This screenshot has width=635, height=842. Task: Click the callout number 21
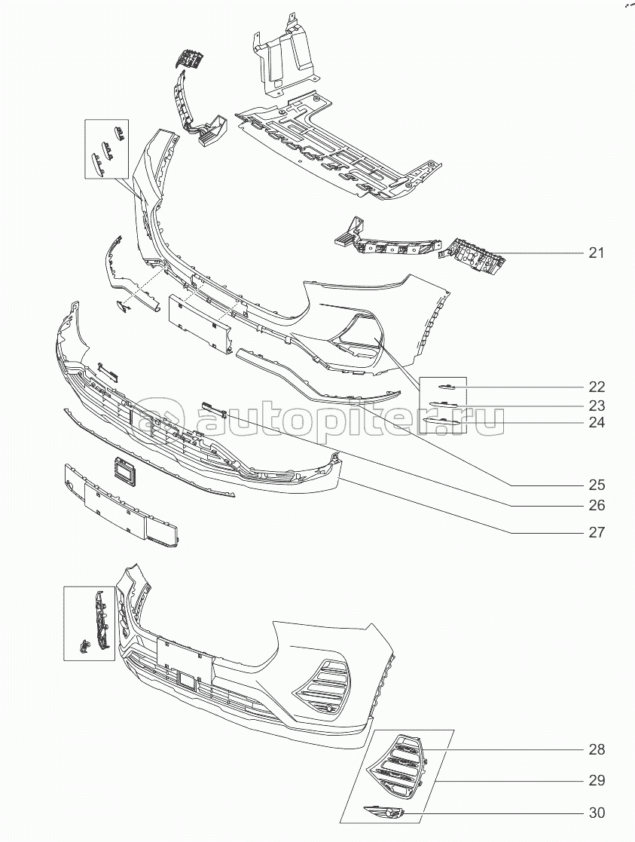point(597,253)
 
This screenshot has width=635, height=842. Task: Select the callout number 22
point(597,387)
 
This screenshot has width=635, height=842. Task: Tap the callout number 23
point(597,405)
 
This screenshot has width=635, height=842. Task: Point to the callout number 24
point(597,423)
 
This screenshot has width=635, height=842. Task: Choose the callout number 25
point(597,485)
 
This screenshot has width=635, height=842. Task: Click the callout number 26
point(597,505)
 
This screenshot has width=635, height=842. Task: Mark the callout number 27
point(597,532)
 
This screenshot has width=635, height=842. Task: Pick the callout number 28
point(597,750)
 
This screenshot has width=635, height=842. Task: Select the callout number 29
point(597,781)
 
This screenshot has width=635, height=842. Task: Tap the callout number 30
point(597,813)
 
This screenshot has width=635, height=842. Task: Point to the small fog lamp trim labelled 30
point(385,812)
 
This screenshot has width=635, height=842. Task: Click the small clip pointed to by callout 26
point(215,406)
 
